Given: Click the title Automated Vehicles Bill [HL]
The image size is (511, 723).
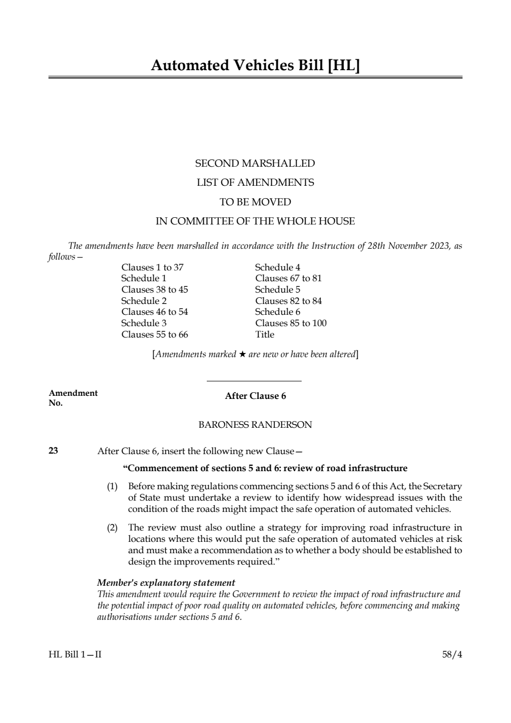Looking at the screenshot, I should click(x=255, y=66).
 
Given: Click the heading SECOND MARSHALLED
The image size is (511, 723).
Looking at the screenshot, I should click(x=255, y=164).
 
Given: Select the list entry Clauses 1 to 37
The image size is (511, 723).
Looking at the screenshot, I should click(x=152, y=267).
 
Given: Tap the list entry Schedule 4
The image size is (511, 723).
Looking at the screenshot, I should click(x=277, y=267).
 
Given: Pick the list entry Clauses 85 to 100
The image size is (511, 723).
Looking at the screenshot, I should click(x=291, y=323).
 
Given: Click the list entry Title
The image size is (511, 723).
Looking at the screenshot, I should click(x=265, y=334).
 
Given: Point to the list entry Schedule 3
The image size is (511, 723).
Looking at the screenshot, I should click(x=144, y=323).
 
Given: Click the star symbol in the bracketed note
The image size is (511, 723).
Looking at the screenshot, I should click(x=242, y=355).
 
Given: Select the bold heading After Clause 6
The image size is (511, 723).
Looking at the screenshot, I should click(x=255, y=396).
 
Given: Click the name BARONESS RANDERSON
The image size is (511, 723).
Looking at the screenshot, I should click(x=255, y=425).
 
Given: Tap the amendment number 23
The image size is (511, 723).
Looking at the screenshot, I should click(x=53, y=451).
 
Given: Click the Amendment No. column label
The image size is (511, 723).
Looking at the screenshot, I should click(x=73, y=398).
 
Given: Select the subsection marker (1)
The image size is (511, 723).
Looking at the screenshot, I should click(x=112, y=486).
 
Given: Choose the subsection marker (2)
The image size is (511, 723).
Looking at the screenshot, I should click(x=112, y=527).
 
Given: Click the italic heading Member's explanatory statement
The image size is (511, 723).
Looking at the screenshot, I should click(x=166, y=583).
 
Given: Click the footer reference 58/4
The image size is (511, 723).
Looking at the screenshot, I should click(x=452, y=654).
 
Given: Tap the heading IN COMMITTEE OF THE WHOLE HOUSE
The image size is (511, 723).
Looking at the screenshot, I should click(x=255, y=221).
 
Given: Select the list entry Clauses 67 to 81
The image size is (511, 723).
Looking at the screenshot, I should click(x=288, y=278).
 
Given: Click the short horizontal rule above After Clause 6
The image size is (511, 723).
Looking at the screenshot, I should click(x=254, y=381).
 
